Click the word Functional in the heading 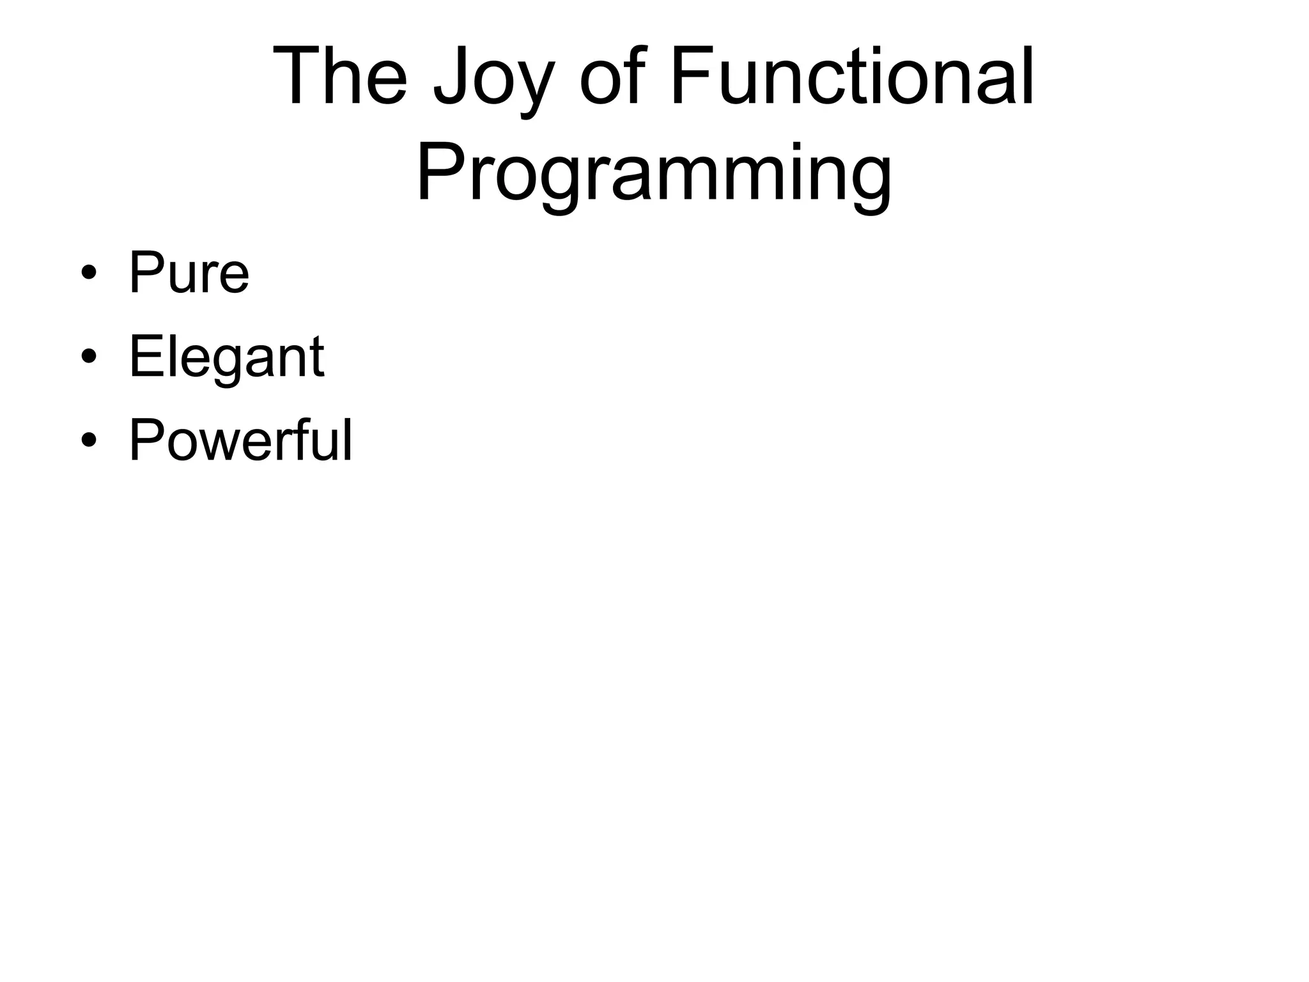(851, 77)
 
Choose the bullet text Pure (189, 274)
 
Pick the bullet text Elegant (226, 358)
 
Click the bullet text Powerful (240, 441)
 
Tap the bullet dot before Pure (89, 274)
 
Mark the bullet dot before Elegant (89, 357)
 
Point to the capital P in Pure (146, 273)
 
